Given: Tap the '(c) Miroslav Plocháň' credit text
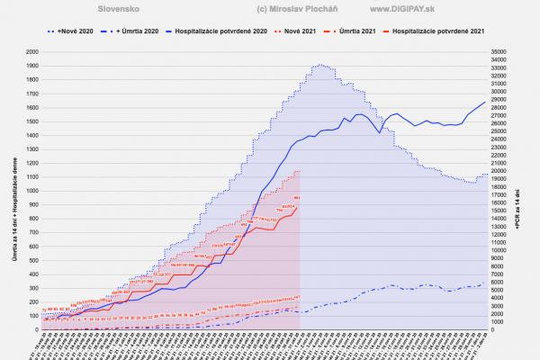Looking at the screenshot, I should (x=273, y=9).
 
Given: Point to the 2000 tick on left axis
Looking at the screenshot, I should (x=31, y=52).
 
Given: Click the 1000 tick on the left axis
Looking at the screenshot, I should (x=31, y=191).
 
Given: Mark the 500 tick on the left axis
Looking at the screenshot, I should (x=33, y=260).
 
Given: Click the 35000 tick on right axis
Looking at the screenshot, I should (x=499, y=52).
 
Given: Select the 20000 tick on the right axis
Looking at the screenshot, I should (x=499, y=171).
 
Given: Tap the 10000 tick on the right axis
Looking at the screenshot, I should (x=499, y=250).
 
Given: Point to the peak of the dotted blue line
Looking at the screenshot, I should (x=319, y=65).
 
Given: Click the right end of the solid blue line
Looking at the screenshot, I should (x=485, y=102).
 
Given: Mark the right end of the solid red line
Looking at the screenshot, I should (x=298, y=206).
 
